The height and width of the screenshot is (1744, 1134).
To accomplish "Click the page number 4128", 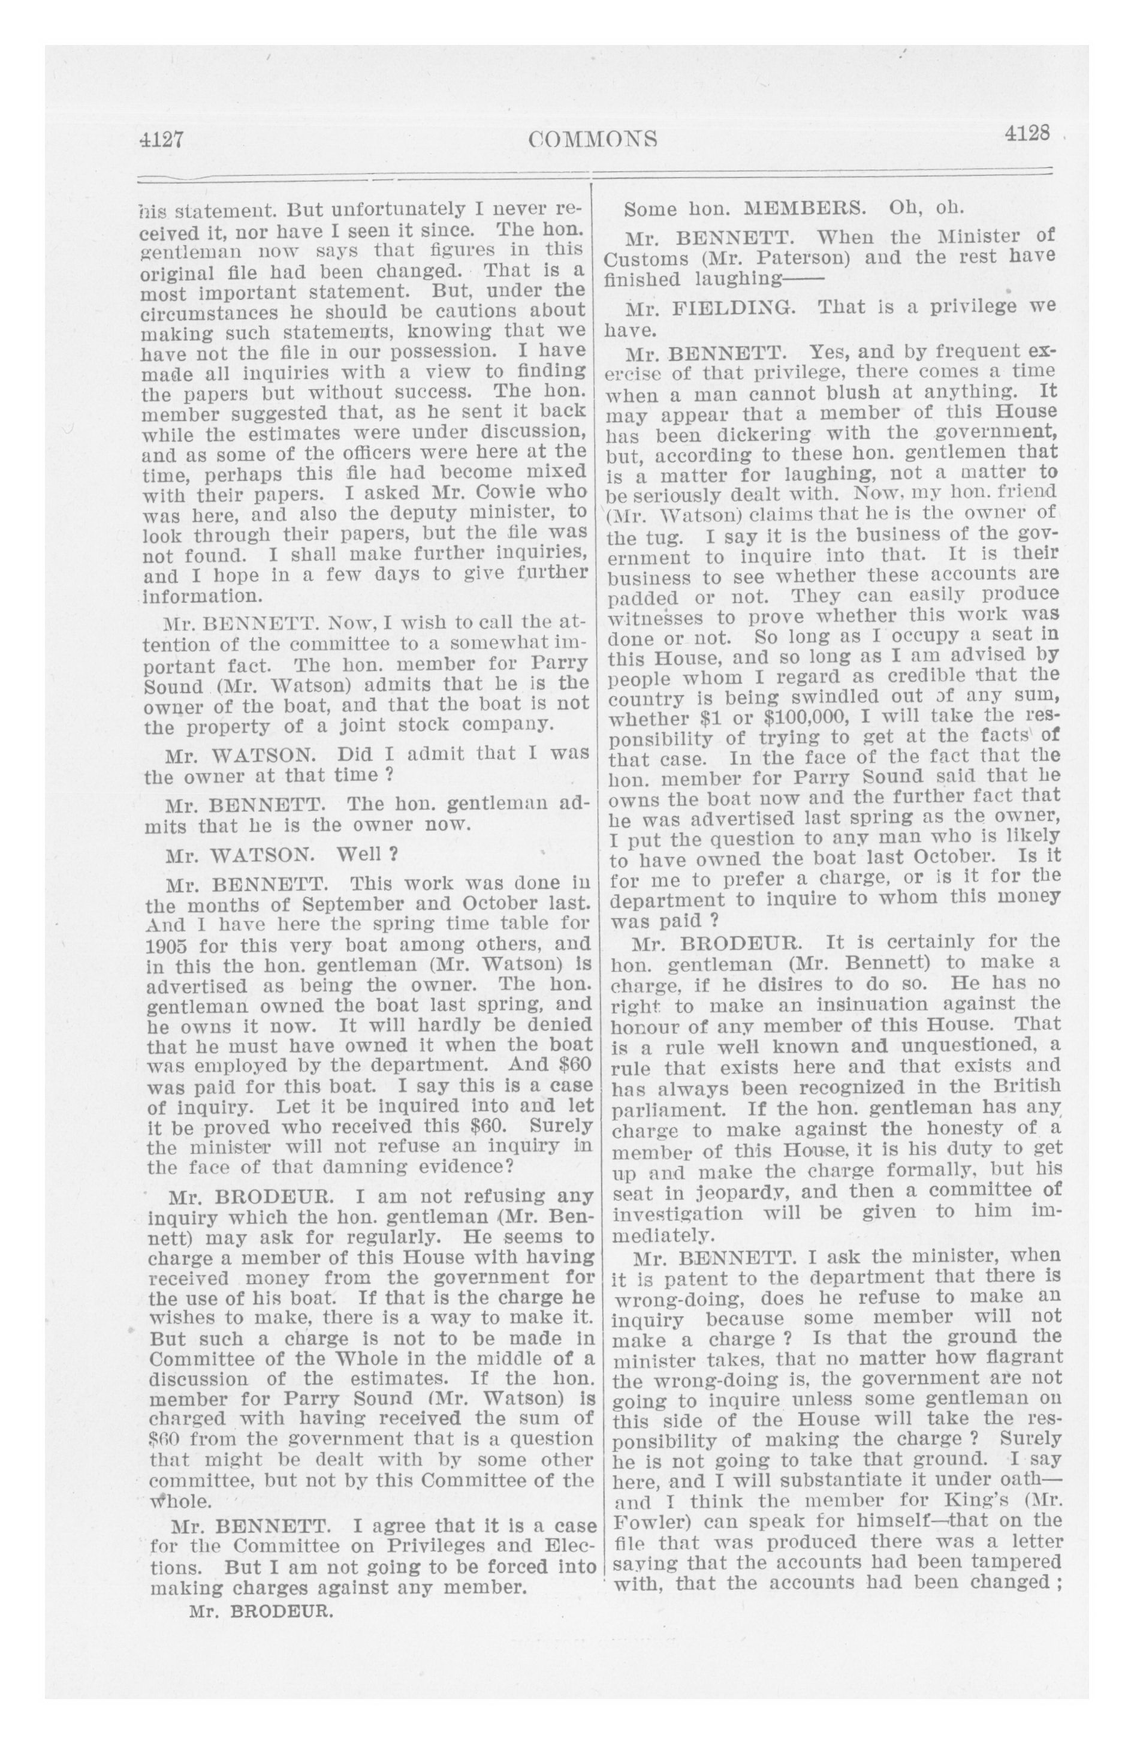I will (1028, 134).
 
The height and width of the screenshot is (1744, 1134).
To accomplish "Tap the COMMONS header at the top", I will (593, 139).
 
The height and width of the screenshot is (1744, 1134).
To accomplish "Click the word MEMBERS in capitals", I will (801, 209).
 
